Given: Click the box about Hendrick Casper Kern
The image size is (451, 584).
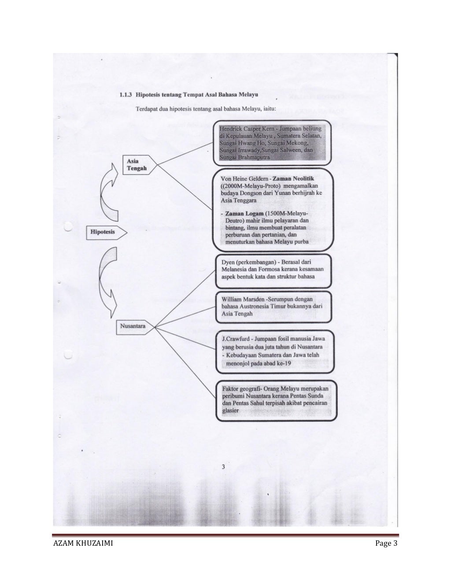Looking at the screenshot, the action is [x=272, y=142].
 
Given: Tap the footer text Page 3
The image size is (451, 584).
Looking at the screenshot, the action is [x=386, y=543].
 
